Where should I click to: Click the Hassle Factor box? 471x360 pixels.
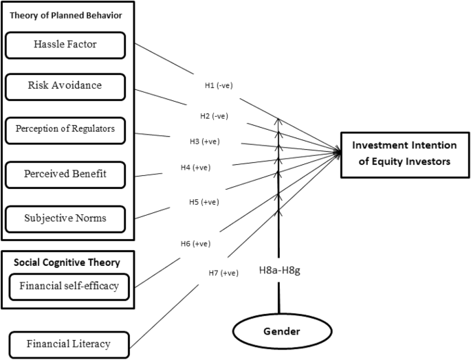coord(65,45)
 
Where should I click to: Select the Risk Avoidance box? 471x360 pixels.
coord(65,87)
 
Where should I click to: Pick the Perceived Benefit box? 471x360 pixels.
coord(65,175)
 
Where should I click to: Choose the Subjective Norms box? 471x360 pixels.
coord(65,218)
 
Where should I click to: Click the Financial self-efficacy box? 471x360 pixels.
coord(69,286)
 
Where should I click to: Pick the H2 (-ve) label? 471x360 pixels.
coord(214,115)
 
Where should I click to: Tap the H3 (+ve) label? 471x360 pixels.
coord(205,142)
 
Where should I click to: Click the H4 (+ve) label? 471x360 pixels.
coord(196,167)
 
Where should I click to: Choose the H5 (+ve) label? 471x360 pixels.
coord(204,202)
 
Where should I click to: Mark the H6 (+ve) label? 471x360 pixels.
coord(196,243)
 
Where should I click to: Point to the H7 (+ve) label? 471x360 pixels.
coord(223,273)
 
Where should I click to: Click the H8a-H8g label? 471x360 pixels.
coord(280,271)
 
